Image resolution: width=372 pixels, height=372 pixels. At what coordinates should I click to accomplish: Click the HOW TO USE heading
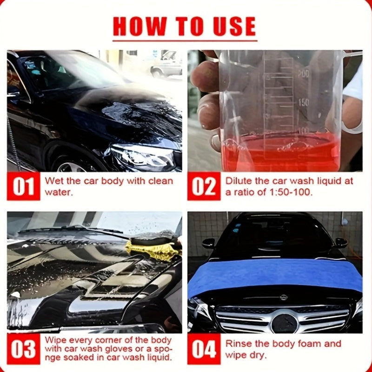[x=185, y=27]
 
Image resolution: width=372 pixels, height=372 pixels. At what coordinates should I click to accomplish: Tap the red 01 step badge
[x=23, y=187]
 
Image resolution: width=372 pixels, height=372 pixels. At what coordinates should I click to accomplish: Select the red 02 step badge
[x=204, y=187]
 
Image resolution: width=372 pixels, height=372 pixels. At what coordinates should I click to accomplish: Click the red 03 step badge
[x=23, y=349]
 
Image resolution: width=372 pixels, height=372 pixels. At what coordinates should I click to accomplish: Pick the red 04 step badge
[x=204, y=349]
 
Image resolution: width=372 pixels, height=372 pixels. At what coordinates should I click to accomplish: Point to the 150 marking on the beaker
[x=303, y=102]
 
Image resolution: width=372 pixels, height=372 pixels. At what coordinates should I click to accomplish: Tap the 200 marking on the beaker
[x=303, y=73]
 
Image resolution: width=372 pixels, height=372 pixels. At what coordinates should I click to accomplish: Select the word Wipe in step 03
[x=55, y=340]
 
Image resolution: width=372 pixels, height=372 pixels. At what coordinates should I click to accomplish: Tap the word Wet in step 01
[x=53, y=181]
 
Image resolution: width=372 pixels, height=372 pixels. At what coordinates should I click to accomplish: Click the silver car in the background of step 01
[x=166, y=65]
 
